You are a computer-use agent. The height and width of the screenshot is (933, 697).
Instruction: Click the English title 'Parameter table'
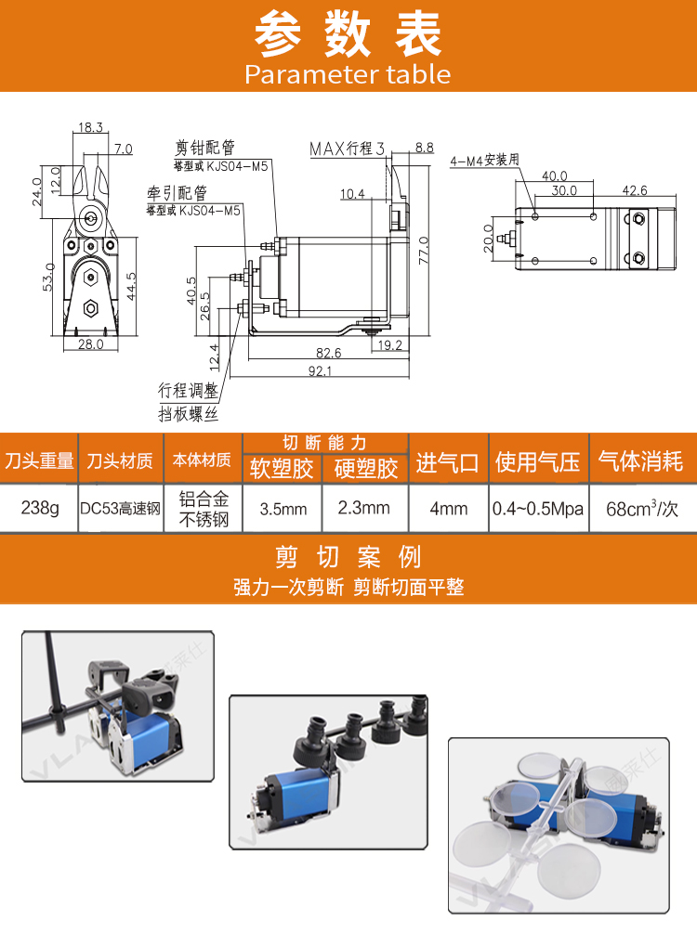click(348, 74)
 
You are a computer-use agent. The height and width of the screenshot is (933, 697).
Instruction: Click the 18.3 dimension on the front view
click(90, 127)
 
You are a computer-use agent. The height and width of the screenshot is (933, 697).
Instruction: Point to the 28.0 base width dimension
click(90, 344)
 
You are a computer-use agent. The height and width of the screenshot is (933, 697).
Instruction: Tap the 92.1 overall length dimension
click(320, 371)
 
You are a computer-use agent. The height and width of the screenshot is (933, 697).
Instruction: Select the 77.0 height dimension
click(424, 251)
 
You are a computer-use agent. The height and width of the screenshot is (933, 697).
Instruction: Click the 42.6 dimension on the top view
click(635, 190)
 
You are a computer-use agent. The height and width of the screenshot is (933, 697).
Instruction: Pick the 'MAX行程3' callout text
click(348, 149)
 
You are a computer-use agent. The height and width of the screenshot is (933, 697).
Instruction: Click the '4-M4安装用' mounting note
click(484, 160)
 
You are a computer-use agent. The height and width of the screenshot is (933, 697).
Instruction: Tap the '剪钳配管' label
click(205, 148)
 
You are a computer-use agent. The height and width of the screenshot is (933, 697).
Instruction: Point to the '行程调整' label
click(189, 390)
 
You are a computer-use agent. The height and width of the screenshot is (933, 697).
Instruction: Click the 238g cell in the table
click(40, 508)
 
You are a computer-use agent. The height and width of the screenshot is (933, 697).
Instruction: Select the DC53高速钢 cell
click(120, 508)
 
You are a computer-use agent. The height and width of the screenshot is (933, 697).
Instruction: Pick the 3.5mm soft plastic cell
click(283, 509)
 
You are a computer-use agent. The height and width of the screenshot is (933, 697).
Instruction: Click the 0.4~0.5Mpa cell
click(538, 509)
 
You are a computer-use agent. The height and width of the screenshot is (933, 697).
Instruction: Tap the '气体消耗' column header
click(640, 461)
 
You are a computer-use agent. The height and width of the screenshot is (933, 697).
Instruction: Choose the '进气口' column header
click(447, 462)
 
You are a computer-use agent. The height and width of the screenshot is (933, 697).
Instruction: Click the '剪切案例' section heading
click(348, 558)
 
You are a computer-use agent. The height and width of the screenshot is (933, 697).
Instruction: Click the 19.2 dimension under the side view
click(390, 345)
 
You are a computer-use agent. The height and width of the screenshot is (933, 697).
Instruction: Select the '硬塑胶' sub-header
click(366, 469)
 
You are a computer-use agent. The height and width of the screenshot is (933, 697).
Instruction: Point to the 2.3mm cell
click(364, 508)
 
